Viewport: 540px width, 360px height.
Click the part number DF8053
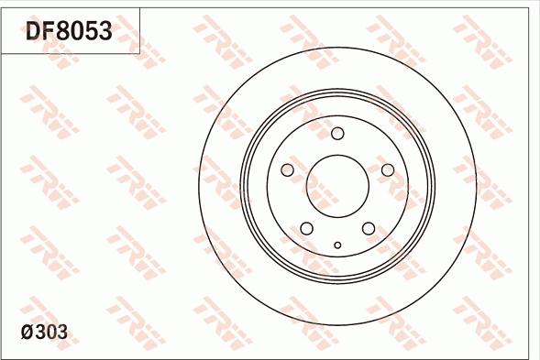point(69,31)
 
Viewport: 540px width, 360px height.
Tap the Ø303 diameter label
point(43,332)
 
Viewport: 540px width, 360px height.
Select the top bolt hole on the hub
point(337,134)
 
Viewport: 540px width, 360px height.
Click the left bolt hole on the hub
point(287,170)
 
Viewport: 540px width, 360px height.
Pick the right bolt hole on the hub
point(387,170)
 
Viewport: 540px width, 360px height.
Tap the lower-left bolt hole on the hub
point(307,228)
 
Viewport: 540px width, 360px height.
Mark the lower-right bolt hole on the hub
point(369,228)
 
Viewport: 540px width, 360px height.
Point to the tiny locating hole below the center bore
point(337,245)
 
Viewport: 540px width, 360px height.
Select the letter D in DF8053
point(34,31)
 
